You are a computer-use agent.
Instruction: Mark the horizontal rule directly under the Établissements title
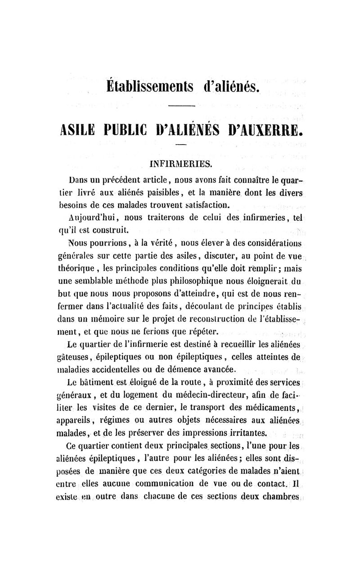pos(180,106)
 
